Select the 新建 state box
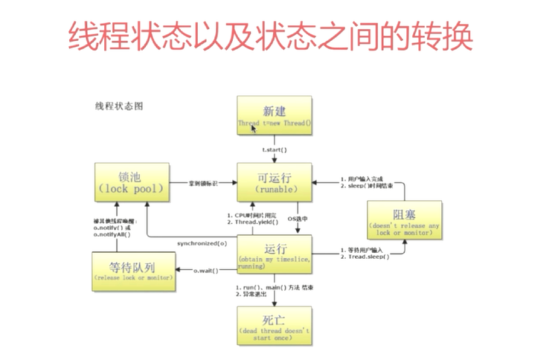coord(274,115)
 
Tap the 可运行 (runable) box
coord(274,182)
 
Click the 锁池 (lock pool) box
coord(129,182)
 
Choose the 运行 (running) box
coord(274,254)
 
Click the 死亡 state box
coord(274,324)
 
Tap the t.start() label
coord(274,150)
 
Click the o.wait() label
coord(205,270)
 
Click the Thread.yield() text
coord(255,222)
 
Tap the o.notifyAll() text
coord(112,234)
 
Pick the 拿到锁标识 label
coord(203,182)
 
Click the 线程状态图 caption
coord(118,106)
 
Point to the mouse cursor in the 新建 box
coord(254,128)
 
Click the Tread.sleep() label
coord(365,256)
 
